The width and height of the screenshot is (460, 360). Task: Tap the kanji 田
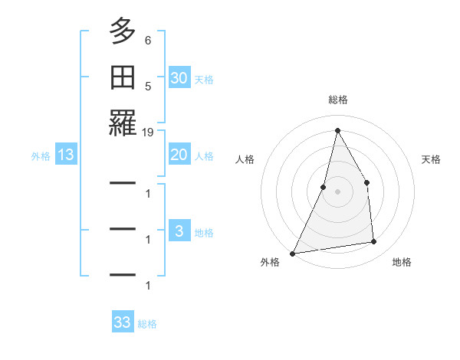(123, 77)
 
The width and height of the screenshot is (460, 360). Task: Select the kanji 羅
(123, 123)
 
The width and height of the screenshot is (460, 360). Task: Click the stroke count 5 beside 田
(148, 87)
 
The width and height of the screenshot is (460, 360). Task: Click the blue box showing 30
(179, 78)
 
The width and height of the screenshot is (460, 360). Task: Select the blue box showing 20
(179, 155)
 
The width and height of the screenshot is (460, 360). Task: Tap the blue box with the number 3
(179, 231)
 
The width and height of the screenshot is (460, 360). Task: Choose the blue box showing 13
(66, 155)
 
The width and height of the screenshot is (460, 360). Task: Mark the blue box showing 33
(123, 322)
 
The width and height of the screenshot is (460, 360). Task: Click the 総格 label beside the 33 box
(147, 324)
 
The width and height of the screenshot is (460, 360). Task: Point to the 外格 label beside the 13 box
(41, 156)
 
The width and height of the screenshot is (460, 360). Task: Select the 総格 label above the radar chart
(338, 100)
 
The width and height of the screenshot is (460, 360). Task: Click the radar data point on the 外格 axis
(292, 254)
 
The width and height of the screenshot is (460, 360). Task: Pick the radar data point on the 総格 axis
(337, 130)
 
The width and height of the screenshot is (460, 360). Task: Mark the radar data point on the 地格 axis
(374, 242)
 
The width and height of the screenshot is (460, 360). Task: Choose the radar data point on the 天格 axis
(366, 182)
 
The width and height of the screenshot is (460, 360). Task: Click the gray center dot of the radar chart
(337, 191)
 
